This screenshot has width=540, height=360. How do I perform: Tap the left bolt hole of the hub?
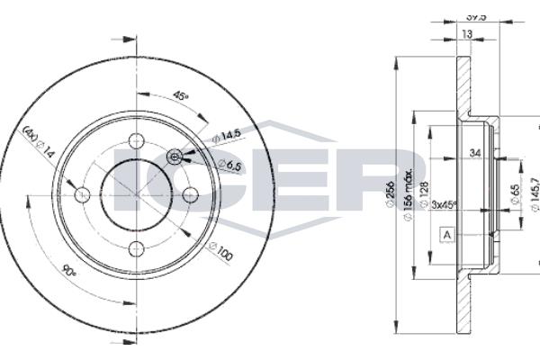(x=82, y=195)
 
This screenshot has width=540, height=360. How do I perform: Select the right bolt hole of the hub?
(x=191, y=195)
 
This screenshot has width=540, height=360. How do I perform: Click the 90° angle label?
(x=69, y=270)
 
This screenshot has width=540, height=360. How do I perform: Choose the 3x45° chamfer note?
(x=445, y=205)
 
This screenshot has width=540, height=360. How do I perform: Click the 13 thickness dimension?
(x=466, y=34)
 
